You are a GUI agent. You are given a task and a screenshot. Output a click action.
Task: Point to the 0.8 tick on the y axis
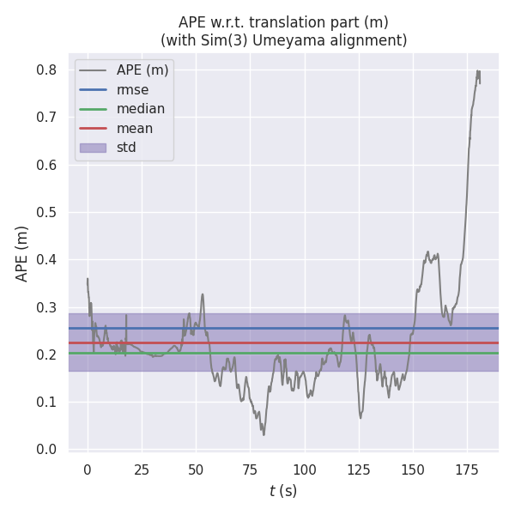(x=46, y=70)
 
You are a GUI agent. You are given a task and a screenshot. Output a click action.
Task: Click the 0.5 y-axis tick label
(x=46, y=213)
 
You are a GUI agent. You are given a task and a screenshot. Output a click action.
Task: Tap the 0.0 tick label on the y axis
(x=46, y=450)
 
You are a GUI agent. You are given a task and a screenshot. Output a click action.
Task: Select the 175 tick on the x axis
(x=468, y=469)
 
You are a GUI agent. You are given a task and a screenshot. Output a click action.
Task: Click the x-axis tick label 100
(x=305, y=469)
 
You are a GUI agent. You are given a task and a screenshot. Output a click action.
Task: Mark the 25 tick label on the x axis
(x=142, y=469)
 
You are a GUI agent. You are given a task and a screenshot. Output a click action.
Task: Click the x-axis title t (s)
(x=283, y=491)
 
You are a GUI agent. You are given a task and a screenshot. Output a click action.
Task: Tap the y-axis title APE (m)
(x=22, y=253)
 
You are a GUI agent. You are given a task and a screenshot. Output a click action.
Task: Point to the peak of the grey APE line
(x=478, y=70)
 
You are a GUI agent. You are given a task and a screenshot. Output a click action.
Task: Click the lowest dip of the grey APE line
(x=264, y=434)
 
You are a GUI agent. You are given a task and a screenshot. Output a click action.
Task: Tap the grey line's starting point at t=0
(x=87, y=278)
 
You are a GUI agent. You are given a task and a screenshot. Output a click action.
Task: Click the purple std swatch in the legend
(x=93, y=148)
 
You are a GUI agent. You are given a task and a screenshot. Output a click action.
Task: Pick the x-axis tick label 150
(x=413, y=469)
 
